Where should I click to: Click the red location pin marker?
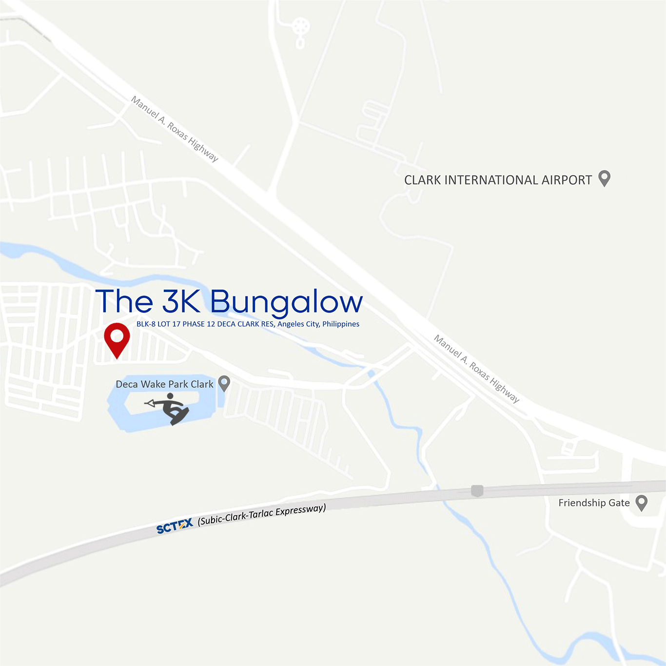click(117, 337)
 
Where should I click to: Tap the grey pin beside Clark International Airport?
click(604, 178)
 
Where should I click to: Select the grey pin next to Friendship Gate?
click(642, 503)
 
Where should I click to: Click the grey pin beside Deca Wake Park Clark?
click(224, 383)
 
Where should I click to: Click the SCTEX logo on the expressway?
click(175, 527)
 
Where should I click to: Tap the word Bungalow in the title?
click(287, 302)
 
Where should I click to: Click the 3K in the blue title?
click(181, 301)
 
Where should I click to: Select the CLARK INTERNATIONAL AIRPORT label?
click(498, 180)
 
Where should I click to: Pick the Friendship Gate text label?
click(594, 503)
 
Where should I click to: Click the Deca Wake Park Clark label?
click(164, 384)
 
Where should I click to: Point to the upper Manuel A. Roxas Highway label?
click(175, 129)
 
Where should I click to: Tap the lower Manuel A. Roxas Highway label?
click(477, 369)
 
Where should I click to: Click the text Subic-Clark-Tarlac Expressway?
click(262, 515)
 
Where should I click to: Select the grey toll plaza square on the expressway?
click(477, 490)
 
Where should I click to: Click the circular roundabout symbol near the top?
click(302, 26)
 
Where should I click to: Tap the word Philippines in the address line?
click(341, 324)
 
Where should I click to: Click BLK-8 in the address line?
click(146, 324)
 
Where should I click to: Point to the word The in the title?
click(124, 301)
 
